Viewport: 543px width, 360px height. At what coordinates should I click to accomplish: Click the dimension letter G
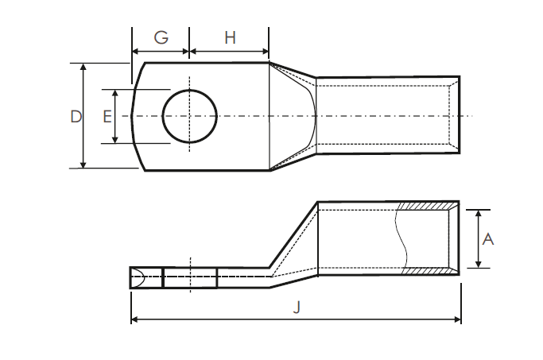[161, 37]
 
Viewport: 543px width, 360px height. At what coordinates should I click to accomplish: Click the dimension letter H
[230, 37]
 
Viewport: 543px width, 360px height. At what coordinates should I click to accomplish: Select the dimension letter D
[76, 116]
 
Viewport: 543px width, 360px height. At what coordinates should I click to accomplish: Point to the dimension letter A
[488, 238]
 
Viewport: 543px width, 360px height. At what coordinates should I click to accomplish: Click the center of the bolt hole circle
[190, 116]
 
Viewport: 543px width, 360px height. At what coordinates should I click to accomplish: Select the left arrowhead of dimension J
[134, 319]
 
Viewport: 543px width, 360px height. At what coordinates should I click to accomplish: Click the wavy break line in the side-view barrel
[399, 238]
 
